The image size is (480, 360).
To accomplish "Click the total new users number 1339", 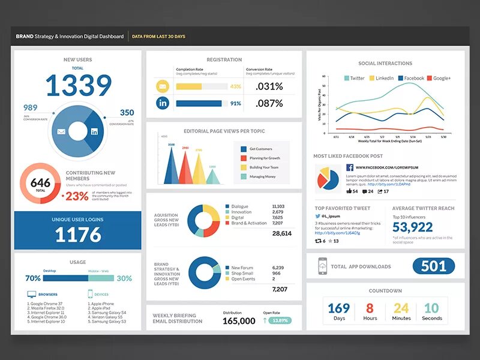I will (78, 86).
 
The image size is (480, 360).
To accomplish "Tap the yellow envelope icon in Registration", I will (163, 86).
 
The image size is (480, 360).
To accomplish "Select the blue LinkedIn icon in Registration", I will (163, 103).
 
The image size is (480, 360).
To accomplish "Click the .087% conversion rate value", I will (269, 103).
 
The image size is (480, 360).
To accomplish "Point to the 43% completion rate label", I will (235, 86).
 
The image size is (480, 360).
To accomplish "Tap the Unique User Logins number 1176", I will (78, 235).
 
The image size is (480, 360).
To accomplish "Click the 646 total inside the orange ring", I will (40, 183).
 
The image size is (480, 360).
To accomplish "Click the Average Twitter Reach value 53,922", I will (413, 227).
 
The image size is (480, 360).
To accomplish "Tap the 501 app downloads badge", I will (433, 266).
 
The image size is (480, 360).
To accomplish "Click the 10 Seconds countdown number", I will (432, 308).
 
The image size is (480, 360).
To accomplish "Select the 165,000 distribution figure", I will (239, 321).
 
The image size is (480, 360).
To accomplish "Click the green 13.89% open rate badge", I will (280, 321).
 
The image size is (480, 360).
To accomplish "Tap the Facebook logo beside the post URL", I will (349, 167).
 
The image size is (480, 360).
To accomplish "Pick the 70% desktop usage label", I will (33, 278).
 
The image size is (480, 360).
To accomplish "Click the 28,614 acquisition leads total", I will (281, 233).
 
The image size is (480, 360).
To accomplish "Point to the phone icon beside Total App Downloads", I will (322, 266).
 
